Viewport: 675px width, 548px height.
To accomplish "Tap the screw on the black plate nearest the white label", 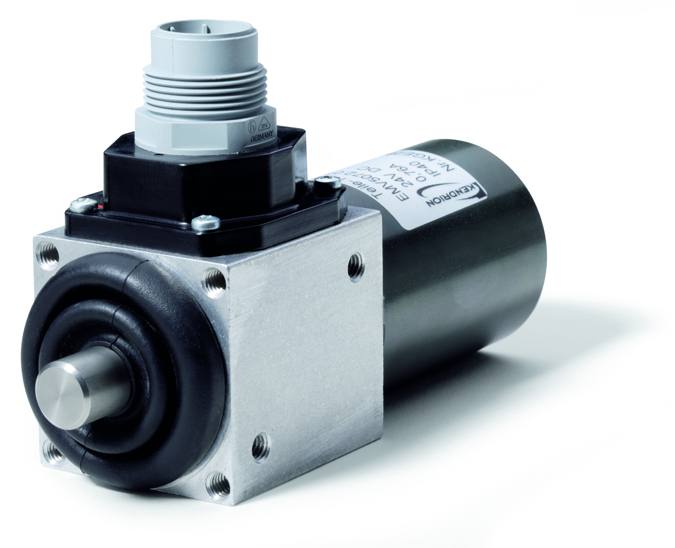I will click(327, 182).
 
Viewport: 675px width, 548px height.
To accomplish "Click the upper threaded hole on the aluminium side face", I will click(356, 266).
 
